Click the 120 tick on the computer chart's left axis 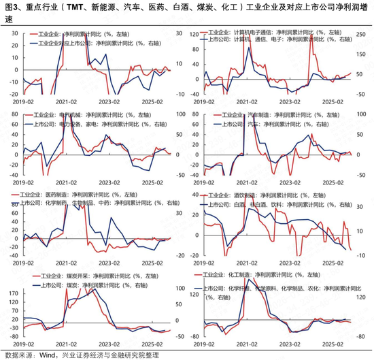194,32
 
